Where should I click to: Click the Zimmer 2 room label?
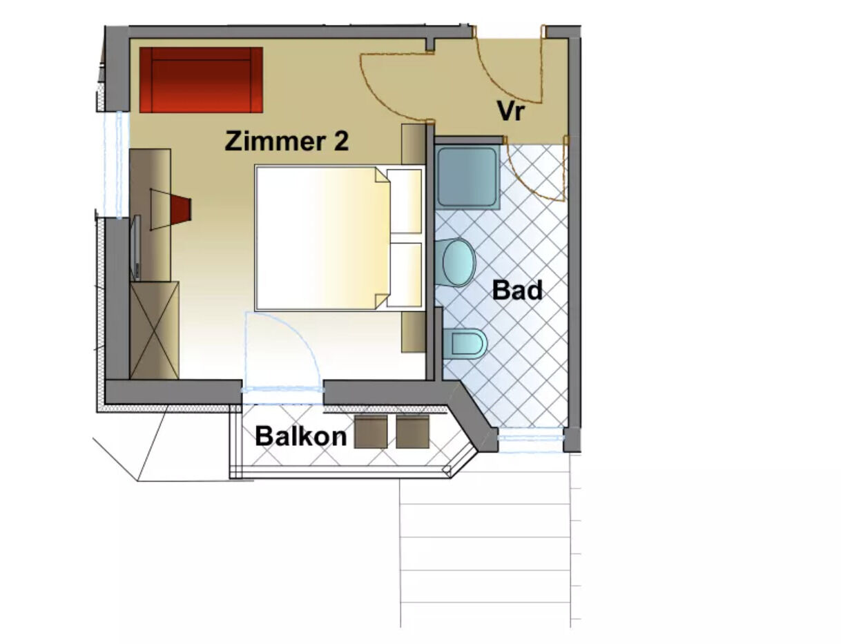coord(287,142)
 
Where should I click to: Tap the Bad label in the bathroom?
coord(517,290)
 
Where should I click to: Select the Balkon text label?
coord(301,436)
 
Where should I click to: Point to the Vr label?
coord(511,111)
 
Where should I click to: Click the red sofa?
coord(201,80)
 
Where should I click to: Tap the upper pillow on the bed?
coord(405,201)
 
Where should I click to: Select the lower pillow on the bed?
coord(405,275)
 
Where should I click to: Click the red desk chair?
coord(181,209)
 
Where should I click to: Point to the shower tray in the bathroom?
coord(467,177)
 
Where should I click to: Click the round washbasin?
coord(459,262)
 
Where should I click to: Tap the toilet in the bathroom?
coord(465,344)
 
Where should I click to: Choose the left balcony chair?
coord(371,432)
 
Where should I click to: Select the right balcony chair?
coord(413,432)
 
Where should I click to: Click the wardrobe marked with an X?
coord(155,331)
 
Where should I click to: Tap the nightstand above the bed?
coord(414,145)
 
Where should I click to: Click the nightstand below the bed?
coord(414,332)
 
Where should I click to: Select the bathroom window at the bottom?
coord(530,438)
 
